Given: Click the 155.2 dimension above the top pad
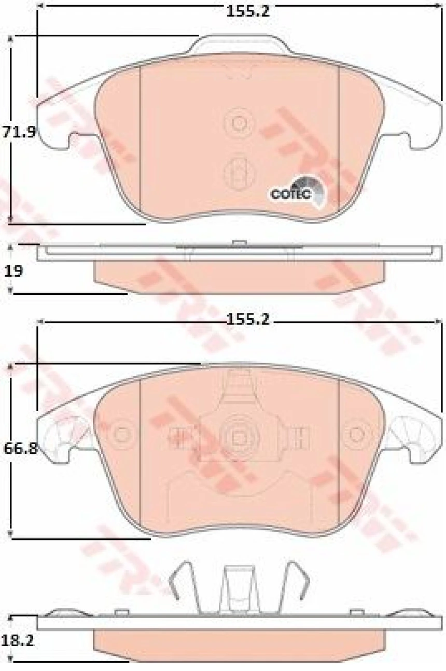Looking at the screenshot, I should pyautogui.click(x=247, y=10).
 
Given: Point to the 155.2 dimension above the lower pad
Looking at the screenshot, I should pyautogui.click(x=247, y=320).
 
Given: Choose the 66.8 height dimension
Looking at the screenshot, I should pyautogui.click(x=20, y=448).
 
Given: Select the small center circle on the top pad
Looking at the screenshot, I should pyautogui.click(x=239, y=123).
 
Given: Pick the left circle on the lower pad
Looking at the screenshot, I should pyautogui.click(x=123, y=434).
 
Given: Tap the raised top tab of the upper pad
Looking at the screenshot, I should pyautogui.click(x=239, y=46).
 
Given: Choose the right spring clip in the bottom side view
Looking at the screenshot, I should pyautogui.click(x=297, y=584).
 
